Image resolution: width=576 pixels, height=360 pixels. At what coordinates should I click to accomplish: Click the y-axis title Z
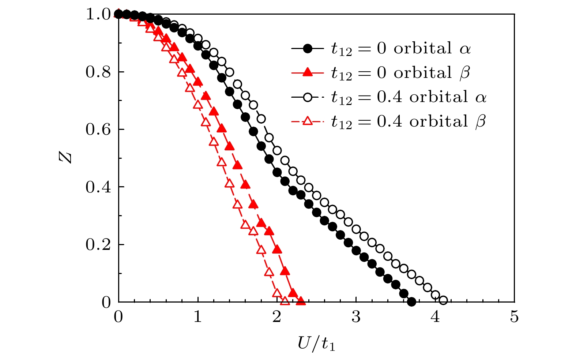pyautogui.click(x=65, y=157)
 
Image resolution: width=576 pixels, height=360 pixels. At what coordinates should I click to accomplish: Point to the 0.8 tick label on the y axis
pyautogui.click(x=98, y=72)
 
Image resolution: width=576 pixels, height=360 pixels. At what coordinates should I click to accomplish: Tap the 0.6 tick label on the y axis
pyautogui.click(x=98, y=130)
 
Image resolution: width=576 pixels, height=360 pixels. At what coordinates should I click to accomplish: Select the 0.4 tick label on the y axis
pyautogui.click(x=98, y=187)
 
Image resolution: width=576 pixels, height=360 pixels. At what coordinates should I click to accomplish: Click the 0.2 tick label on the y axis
pyautogui.click(x=98, y=244)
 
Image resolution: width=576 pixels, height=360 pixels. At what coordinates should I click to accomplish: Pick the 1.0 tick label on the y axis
pyautogui.click(x=98, y=15)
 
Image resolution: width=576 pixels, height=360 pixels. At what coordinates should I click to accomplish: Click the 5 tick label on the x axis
pyautogui.click(x=514, y=317)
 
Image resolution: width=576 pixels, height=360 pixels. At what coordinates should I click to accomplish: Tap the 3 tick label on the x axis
pyautogui.click(x=356, y=317)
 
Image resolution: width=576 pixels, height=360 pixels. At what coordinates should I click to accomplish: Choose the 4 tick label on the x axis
pyautogui.click(x=435, y=317)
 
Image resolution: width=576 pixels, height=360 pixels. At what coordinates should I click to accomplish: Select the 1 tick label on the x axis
pyautogui.click(x=197, y=317)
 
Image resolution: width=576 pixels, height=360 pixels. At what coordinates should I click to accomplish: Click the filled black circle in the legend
pyautogui.click(x=308, y=49)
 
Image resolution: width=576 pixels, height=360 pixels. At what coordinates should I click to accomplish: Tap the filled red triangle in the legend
pyautogui.click(x=308, y=72)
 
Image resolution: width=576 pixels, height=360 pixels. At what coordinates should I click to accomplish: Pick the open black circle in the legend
pyautogui.click(x=308, y=97)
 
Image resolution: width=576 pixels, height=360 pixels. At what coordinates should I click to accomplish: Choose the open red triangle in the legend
pyautogui.click(x=308, y=121)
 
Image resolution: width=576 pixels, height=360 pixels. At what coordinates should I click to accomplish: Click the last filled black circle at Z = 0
pyautogui.click(x=411, y=302)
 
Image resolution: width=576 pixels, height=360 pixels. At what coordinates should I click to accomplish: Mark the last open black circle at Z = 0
pyautogui.click(x=443, y=301)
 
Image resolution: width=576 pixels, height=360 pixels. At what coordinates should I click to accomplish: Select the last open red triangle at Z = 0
pyautogui.click(x=285, y=301)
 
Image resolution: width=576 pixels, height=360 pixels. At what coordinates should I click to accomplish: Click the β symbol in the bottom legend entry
pyautogui.click(x=480, y=121)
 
